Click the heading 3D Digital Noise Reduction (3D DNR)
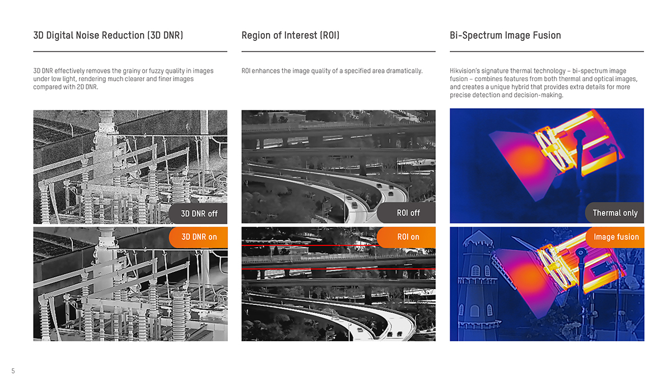click(108, 35)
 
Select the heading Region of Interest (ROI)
click(290, 35)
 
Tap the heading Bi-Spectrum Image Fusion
click(505, 35)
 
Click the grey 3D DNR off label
click(199, 213)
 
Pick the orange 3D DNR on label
click(199, 237)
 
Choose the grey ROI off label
click(408, 213)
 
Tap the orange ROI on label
click(408, 237)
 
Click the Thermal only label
click(615, 213)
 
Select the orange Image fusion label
click(616, 237)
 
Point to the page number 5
click(13, 371)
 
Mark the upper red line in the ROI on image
click(338, 246)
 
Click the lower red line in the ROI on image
click(338, 269)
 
